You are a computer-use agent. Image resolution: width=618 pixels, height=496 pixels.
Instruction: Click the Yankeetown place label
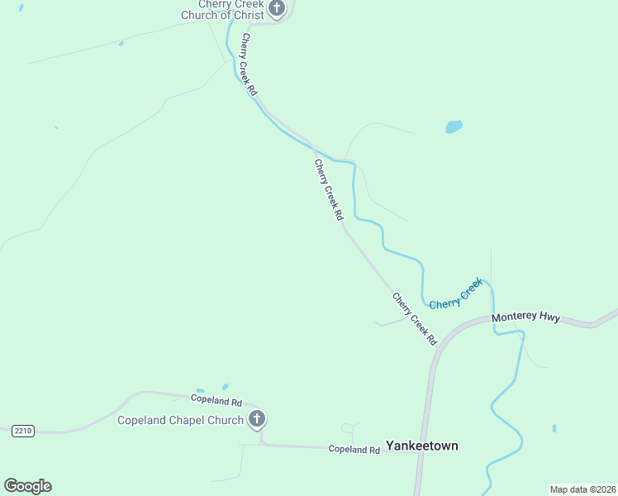[421, 446]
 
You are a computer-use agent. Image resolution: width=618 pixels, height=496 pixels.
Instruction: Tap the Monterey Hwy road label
[525, 317]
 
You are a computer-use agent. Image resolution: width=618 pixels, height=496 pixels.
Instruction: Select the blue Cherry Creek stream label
[455, 294]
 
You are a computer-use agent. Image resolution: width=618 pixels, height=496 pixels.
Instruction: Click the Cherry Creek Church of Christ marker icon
[277, 9]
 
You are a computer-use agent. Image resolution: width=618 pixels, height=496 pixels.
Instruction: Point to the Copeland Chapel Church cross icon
[257, 419]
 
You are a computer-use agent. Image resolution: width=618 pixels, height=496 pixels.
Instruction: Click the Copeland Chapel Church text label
[180, 420]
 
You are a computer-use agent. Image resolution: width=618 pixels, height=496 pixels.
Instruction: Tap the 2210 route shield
[23, 431]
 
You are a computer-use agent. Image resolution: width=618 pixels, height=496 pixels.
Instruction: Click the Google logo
[27, 486]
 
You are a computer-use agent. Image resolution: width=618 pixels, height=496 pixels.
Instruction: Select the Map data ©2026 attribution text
[582, 489]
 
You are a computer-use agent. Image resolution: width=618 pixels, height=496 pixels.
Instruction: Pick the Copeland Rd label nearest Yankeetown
[354, 450]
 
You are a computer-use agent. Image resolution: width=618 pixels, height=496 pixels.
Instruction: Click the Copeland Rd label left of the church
[218, 398]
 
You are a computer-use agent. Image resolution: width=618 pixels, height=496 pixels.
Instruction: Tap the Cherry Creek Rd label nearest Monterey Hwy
[414, 319]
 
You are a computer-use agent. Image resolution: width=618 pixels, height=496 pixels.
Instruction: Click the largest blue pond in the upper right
[454, 127]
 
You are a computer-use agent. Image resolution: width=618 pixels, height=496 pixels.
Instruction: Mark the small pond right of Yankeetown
[554, 428]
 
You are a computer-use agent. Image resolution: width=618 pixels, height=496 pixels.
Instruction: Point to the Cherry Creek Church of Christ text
[222, 10]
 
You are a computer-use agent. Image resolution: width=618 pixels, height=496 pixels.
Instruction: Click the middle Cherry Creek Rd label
[328, 189]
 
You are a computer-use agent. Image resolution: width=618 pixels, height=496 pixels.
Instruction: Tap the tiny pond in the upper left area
[121, 43]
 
